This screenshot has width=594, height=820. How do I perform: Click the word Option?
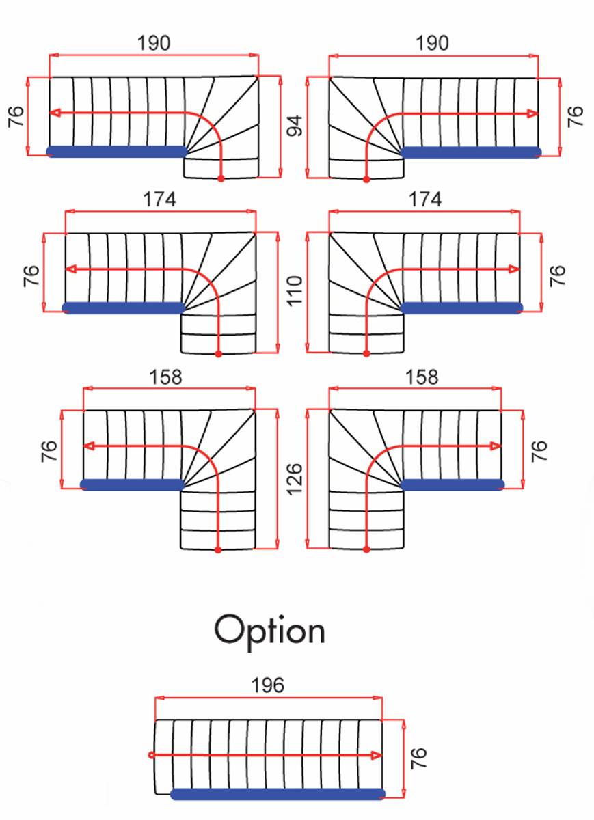(269, 630)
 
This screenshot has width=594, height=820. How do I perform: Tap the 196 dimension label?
(267, 685)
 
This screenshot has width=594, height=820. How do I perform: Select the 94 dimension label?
(295, 126)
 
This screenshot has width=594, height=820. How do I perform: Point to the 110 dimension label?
(295, 290)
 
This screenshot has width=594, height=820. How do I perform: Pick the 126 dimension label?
(295, 479)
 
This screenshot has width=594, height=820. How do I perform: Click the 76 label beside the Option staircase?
(418, 758)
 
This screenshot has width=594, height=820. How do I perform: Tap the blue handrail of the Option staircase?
(278, 794)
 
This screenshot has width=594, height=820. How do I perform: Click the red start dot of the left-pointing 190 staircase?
(221, 178)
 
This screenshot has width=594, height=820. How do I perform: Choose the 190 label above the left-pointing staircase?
(154, 44)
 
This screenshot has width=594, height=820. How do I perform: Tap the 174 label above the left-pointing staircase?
(159, 200)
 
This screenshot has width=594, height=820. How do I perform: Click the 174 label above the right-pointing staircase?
(425, 200)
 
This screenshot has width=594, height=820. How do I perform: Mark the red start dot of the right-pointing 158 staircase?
(366, 549)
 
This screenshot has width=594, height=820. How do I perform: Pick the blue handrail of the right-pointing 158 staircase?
(451, 484)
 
